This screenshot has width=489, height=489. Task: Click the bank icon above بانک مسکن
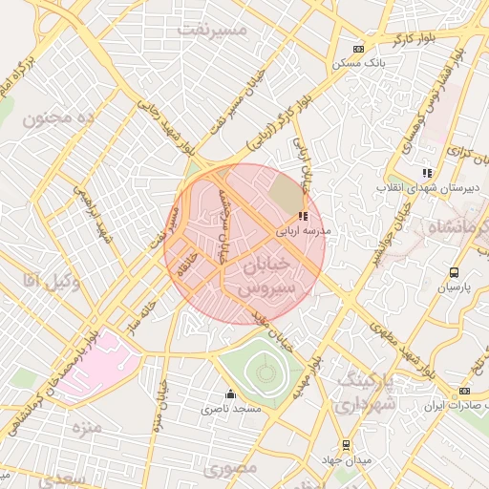(x=358, y=49)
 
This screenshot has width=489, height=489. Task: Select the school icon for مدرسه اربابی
(x=303, y=217)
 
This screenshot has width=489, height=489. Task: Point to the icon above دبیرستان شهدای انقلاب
(x=427, y=173)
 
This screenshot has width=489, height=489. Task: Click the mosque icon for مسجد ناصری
(x=229, y=394)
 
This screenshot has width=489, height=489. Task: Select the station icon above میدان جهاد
(x=346, y=444)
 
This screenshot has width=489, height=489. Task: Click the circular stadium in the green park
(x=262, y=371)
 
